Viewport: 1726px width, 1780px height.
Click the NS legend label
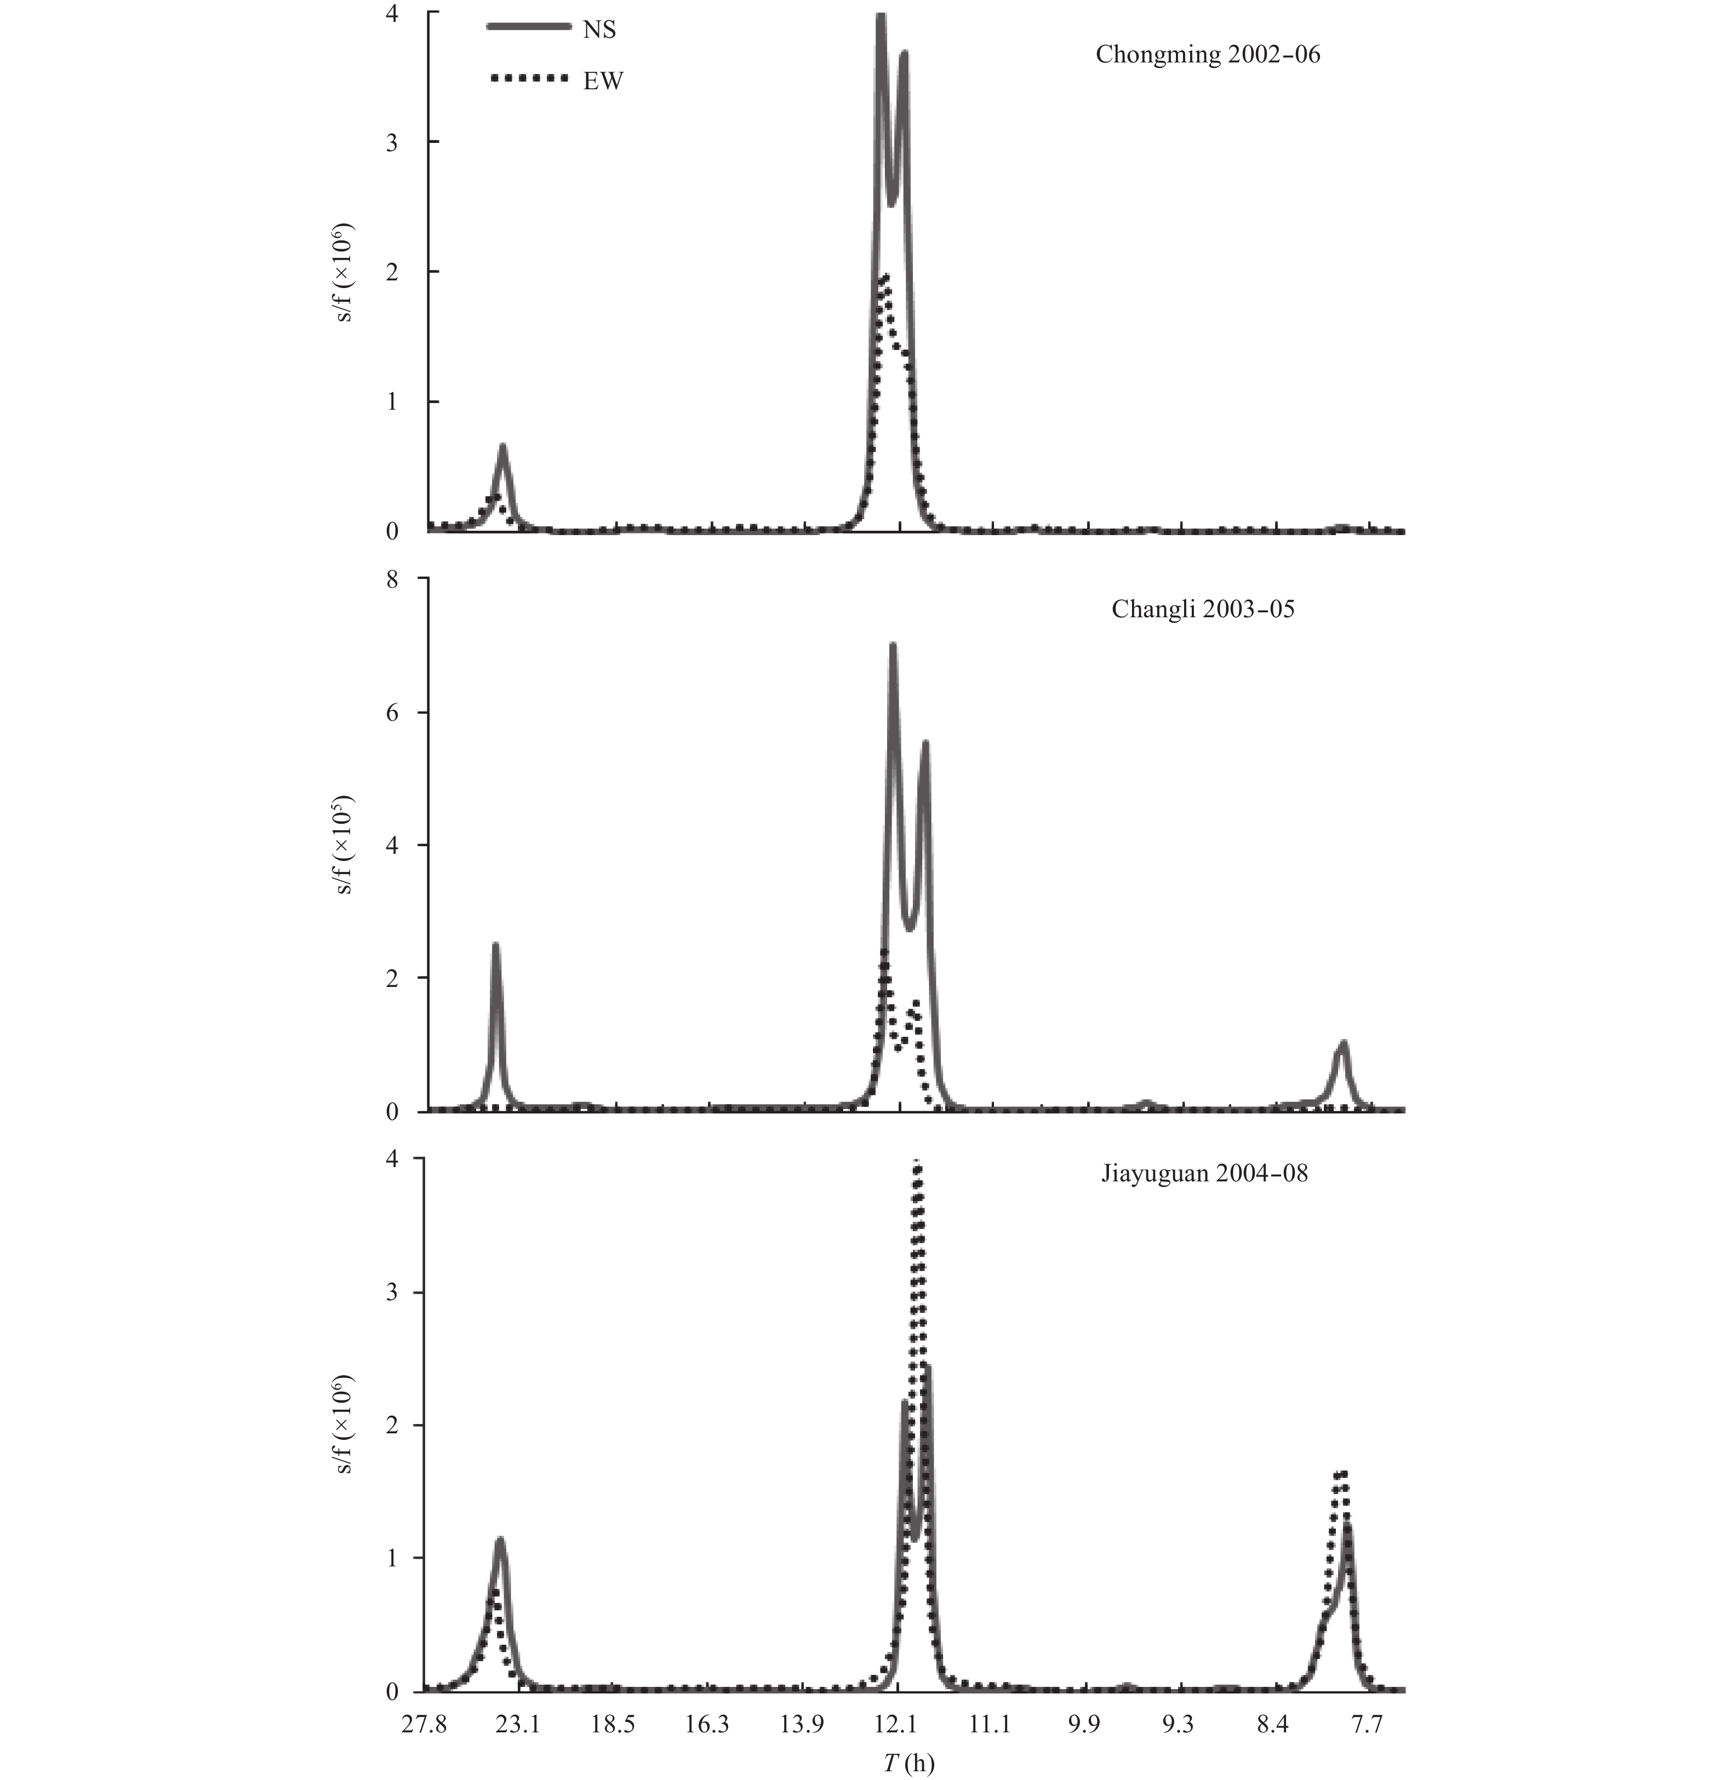click(x=599, y=30)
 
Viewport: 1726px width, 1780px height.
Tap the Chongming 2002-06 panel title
click(x=1207, y=54)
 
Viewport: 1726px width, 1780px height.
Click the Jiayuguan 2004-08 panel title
click(x=1204, y=1173)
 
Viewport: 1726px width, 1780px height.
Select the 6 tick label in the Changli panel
click(x=392, y=713)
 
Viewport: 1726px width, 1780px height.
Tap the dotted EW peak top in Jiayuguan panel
click(x=917, y=1164)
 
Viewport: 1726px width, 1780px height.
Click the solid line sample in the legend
click(x=527, y=27)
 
